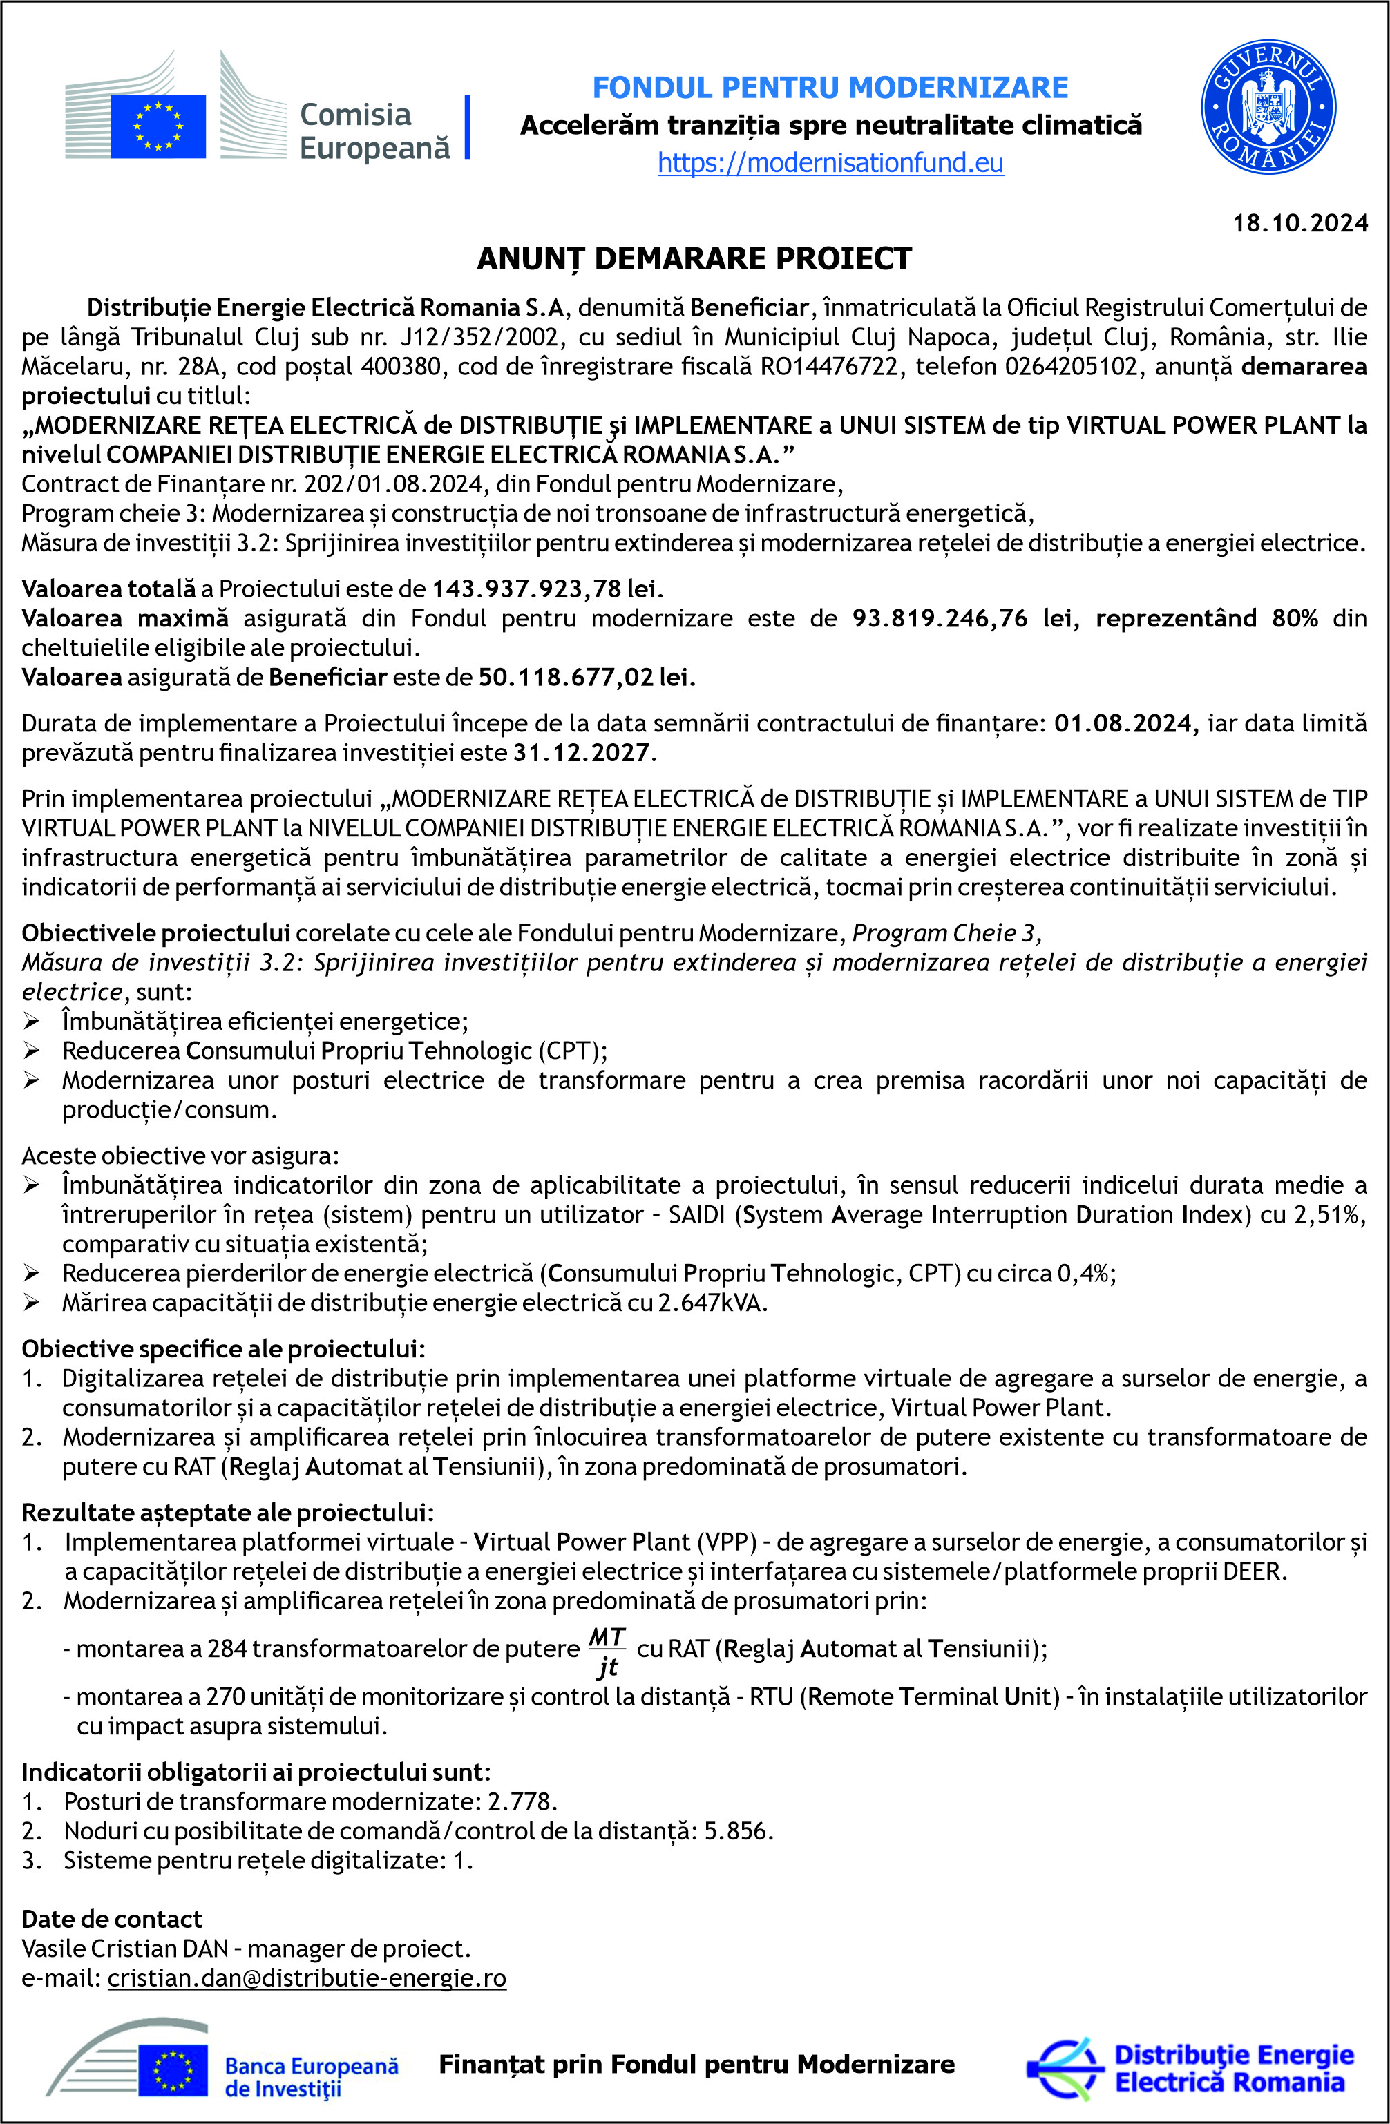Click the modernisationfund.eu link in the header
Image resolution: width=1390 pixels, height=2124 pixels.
point(830,163)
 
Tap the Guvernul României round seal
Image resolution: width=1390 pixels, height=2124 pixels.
point(1268,107)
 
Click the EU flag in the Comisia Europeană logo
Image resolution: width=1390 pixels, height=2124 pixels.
point(158,126)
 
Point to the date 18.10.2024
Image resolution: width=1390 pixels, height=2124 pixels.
point(1299,223)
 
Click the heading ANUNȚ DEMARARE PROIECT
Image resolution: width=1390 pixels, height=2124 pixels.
point(694,259)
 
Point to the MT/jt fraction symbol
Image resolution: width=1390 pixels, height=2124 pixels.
point(607,1652)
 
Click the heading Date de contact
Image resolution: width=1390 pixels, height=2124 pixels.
point(112,1920)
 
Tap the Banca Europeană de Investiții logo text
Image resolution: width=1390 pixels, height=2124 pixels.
point(311,2077)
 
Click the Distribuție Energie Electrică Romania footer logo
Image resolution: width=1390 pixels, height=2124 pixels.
point(1192,2069)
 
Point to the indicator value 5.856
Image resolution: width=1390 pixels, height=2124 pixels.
point(737,1831)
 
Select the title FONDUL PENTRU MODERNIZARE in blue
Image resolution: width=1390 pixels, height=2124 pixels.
point(830,88)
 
